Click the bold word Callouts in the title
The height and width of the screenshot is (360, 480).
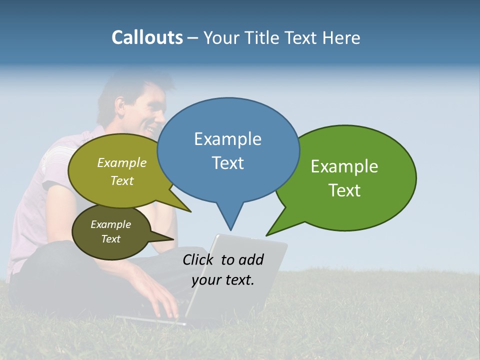(147, 37)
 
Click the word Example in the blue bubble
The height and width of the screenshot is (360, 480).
(227, 139)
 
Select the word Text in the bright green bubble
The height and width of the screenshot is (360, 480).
(344, 190)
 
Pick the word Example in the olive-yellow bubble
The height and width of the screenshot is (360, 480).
(122, 163)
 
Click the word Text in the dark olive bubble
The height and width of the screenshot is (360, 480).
(110, 239)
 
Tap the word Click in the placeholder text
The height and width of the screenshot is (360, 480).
(199, 259)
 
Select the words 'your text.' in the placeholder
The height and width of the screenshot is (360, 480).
(223, 280)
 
